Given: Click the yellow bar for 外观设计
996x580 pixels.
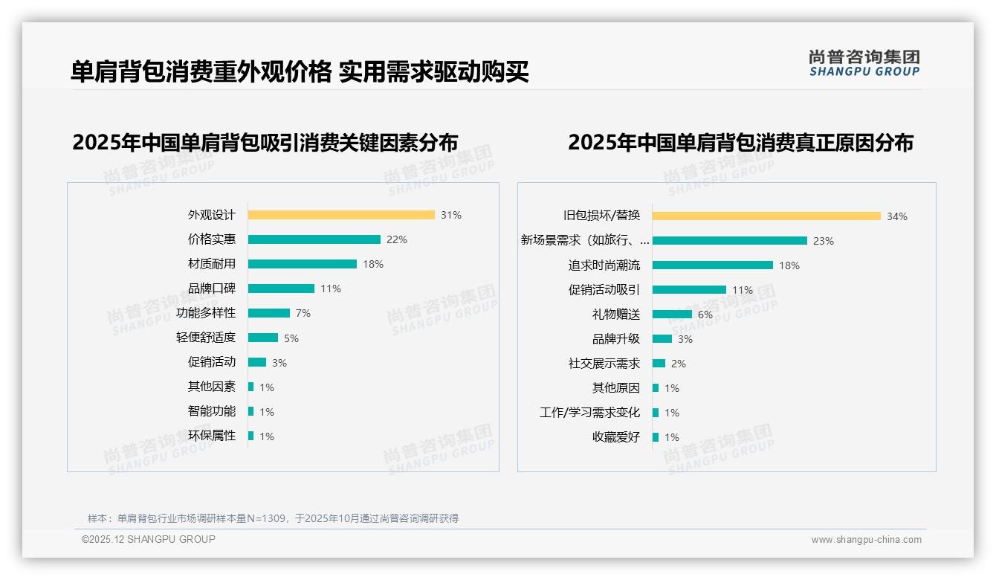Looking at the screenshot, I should [341, 215].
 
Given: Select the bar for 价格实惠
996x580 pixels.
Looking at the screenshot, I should [314, 239].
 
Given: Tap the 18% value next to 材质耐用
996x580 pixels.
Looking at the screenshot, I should [373, 264].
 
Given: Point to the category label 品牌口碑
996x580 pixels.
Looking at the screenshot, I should [212, 289].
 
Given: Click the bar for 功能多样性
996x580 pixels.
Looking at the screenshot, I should [269, 313].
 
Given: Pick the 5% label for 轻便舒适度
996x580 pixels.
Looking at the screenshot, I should [291, 338].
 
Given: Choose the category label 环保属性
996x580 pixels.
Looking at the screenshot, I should [212, 436].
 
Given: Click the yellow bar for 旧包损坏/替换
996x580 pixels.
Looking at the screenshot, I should [766, 216].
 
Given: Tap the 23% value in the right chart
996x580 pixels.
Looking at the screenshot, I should [824, 241].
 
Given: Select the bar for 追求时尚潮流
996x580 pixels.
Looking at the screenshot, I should [713, 265].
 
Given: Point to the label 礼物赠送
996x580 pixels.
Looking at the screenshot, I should [616, 315].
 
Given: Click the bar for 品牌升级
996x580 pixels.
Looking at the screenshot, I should [662, 339].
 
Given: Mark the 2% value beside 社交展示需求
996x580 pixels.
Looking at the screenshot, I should [679, 364].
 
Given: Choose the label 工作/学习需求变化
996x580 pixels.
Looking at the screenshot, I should [590, 413].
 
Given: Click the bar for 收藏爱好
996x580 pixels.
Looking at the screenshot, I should [656, 437].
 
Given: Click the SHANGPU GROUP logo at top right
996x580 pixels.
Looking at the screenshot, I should [864, 63].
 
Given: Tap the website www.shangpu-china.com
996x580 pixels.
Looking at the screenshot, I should [866, 540].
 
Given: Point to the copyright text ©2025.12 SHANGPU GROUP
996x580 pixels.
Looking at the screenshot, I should [149, 539].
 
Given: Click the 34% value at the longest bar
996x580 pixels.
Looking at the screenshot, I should [897, 216].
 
